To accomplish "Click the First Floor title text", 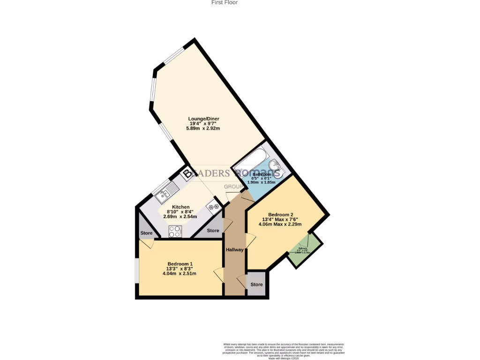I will (x=225, y=3).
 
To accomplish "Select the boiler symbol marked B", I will (x=187, y=174).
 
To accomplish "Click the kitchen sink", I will (x=167, y=191).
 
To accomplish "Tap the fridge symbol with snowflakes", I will (x=214, y=207).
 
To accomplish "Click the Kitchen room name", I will (x=180, y=207).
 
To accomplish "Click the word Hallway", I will (x=234, y=250).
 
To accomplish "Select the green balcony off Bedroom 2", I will (x=305, y=249).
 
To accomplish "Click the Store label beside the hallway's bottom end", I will (x=256, y=285).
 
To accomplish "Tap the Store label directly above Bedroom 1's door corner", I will (x=146, y=233).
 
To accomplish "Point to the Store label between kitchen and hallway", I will (x=213, y=231).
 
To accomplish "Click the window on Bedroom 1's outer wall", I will (x=136, y=270).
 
